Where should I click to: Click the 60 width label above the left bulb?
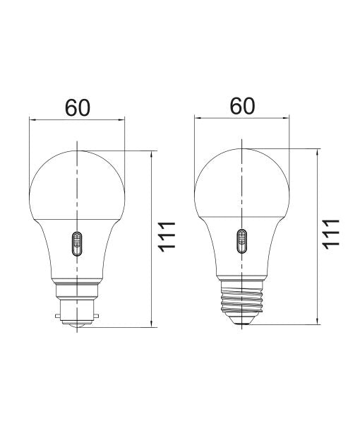[x=77, y=107]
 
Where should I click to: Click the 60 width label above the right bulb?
[x=242, y=106]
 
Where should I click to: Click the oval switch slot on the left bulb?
[x=77, y=245]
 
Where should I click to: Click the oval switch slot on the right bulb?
[x=242, y=242]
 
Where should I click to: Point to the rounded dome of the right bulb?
[x=242, y=177]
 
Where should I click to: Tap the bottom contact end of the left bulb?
[x=77, y=324]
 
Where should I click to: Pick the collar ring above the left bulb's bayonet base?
[x=77, y=285]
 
